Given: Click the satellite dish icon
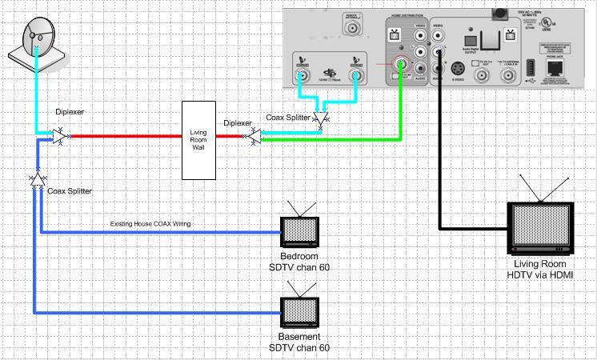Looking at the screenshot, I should tap(34, 42).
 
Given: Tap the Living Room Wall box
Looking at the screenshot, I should tap(198, 140).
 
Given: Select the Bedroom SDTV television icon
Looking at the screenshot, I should tap(299, 229).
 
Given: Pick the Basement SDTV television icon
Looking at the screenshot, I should tap(299, 310).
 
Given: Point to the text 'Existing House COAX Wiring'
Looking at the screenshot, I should tap(150, 224).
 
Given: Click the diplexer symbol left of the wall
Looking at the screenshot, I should tap(62, 137).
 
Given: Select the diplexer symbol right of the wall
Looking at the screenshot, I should tap(253, 138).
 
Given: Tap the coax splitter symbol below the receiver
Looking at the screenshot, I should tap(321, 120).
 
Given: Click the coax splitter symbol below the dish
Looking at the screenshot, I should tap(37, 179).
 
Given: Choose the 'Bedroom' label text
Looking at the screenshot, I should tap(299, 256).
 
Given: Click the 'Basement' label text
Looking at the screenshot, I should tap(299, 338).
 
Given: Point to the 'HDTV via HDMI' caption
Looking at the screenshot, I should tap(542, 275).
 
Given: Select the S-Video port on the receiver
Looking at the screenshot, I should tap(459, 69).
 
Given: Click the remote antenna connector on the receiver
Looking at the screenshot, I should tap(351, 30).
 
